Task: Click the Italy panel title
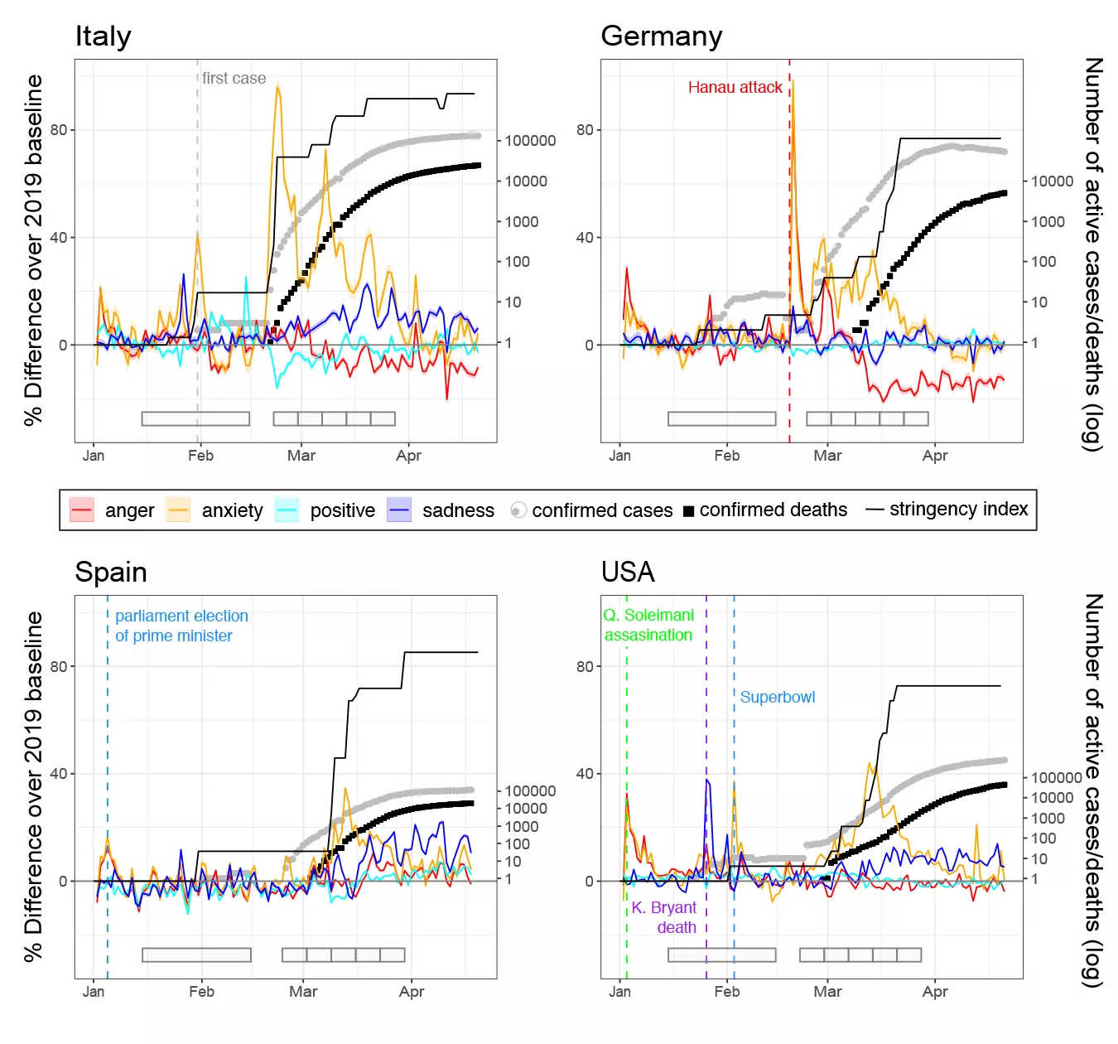tap(103, 36)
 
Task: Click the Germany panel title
tap(661, 36)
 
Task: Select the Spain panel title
tap(111, 573)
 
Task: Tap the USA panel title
tap(628, 573)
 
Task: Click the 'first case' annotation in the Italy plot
tap(234, 78)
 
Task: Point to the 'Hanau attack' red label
tap(735, 87)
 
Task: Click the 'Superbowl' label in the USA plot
tap(777, 697)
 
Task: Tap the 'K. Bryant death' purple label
tap(665, 917)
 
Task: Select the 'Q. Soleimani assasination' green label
tap(648, 625)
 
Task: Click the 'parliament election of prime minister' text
tap(181, 626)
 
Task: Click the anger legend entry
tap(129, 510)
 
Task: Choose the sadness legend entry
tap(457, 510)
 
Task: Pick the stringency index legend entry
tap(958, 509)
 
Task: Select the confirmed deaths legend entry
tap(773, 510)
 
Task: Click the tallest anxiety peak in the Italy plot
tap(277, 85)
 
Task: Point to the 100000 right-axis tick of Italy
tap(530, 141)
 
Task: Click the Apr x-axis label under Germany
tap(934, 455)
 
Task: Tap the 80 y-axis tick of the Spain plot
tap(59, 666)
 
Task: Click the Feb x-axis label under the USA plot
tap(727, 992)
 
